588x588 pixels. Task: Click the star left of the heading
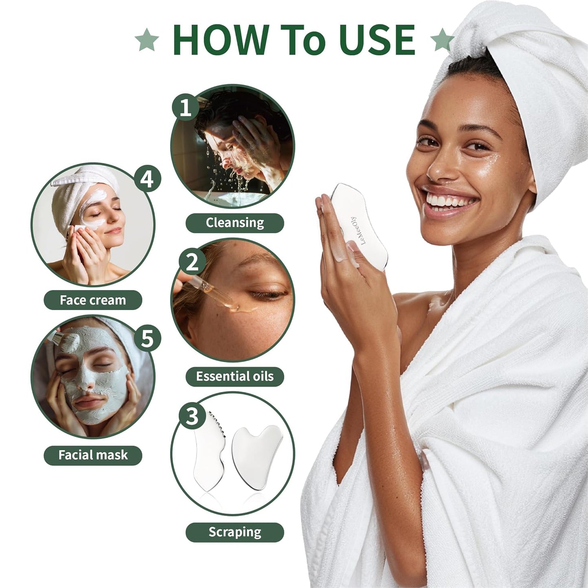point(147,40)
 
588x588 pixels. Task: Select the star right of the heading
point(442,40)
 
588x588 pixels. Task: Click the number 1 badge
point(186,108)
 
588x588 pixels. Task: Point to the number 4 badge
point(147,179)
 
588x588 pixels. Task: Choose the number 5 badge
point(147,338)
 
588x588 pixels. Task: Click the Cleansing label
point(235,223)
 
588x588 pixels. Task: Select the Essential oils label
point(235,376)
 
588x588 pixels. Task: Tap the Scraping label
point(235,532)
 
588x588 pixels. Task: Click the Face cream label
point(93,300)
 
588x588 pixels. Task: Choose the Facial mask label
point(93,455)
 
